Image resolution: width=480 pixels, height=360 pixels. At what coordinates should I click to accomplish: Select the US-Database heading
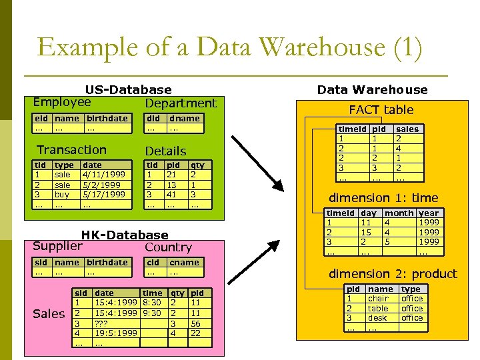click(x=128, y=89)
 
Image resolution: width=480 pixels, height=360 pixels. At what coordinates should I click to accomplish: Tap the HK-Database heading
click(x=125, y=235)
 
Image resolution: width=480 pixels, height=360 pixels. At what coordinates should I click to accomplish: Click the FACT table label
click(x=381, y=109)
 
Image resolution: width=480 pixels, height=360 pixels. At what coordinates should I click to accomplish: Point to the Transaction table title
click(x=71, y=150)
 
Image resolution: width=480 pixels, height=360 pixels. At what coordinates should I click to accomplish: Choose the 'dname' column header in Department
click(x=184, y=119)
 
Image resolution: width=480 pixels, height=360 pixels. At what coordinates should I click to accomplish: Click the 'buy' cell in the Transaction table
click(x=61, y=194)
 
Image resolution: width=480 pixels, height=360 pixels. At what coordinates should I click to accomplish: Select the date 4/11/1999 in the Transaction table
click(x=101, y=174)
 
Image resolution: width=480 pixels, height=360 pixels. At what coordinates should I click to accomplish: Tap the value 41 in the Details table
click(x=171, y=194)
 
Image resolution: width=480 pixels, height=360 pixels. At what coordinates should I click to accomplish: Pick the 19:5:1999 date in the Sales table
click(x=116, y=333)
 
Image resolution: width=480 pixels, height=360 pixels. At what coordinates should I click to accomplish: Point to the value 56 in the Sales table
click(x=196, y=323)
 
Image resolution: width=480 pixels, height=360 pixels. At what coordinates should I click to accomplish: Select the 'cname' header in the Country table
click(x=184, y=263)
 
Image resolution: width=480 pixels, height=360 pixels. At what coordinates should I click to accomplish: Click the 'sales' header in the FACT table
click(x=407, y=129)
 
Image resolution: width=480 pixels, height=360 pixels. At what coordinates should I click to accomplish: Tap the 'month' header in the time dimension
click(x=399, y=213)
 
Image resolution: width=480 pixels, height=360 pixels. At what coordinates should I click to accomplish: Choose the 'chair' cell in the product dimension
click(x=378, y=299)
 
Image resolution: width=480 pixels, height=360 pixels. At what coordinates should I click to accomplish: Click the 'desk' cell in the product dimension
click(x=377, y=318)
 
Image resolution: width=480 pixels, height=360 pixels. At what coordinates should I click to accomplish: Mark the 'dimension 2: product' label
click(x=393, y=273)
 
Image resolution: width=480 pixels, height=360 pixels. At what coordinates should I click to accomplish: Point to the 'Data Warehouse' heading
click(x=372, y=89)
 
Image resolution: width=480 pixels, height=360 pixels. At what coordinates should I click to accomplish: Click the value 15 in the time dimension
click(x=366, y=232)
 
